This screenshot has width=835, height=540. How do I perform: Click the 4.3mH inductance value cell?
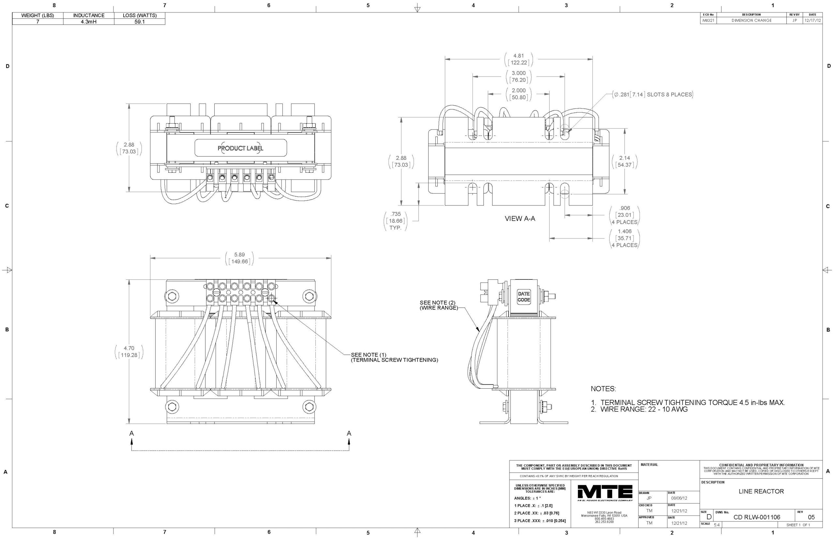[88, 22]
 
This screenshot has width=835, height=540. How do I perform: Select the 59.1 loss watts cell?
[140, 22]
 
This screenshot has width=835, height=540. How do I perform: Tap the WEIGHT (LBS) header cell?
[38, 15]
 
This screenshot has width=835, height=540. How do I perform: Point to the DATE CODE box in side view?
[524, 297]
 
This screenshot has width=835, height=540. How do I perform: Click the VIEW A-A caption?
[520, 219]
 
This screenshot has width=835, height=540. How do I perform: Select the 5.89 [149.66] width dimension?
[239, 258]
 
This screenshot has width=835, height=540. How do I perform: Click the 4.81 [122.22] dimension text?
[519, 59]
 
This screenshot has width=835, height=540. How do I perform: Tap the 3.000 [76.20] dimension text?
[519, 76]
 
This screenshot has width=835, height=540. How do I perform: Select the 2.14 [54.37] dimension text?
[625, 161]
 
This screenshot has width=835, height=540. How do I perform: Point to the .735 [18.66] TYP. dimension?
[396, 221]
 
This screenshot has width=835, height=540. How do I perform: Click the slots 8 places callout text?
[653, 95]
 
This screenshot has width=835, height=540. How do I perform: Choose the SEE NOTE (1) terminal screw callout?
[394, 357]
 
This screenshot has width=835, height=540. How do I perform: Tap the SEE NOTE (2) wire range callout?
[438, 305]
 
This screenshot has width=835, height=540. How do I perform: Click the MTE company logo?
[605, 492]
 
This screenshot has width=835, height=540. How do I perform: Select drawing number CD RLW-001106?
[757, 517]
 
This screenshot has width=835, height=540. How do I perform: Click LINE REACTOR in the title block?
[761, 491]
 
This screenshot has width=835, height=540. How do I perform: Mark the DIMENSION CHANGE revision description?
[751, 21]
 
